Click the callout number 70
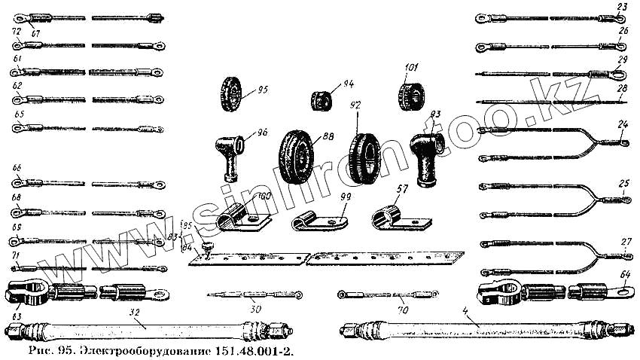tap(403, 308)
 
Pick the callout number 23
tap(622, 7)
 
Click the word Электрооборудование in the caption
tap(136, 351)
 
